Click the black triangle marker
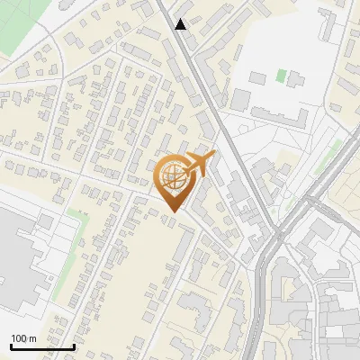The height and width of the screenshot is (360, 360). click(181, 24)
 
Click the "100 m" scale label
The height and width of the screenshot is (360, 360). click(23, 338)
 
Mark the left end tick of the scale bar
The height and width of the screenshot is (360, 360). click(11, 346)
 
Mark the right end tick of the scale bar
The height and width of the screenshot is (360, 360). click(74, 346)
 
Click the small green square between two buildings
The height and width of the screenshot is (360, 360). click(282, 76)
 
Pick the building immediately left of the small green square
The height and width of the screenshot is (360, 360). click(260, 77)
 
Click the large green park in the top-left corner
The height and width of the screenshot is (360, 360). click(22, 36)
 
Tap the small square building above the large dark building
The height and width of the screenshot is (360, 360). click(45, 220)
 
